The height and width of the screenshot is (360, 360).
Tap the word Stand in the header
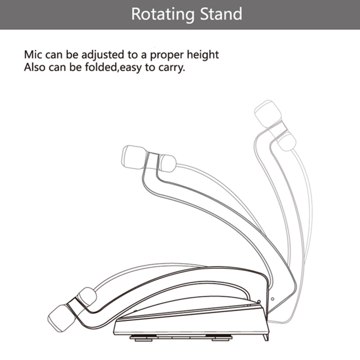[x=221, y=14]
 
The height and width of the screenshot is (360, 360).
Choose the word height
[x=203, y=55]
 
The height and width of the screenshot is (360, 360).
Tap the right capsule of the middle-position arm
[x=168, y=163]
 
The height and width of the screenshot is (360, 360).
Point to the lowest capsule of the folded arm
[x=61, y=318]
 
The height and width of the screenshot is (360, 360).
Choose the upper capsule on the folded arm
[x=87, y=297]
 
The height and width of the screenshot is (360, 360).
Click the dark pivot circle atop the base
[x=259, y=302]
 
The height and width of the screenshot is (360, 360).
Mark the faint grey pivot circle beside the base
[x=273, y=299]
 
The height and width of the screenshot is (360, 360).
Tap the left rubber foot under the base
[x=144, y=338]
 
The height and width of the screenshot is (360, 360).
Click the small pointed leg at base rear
[x=265, y=337]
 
